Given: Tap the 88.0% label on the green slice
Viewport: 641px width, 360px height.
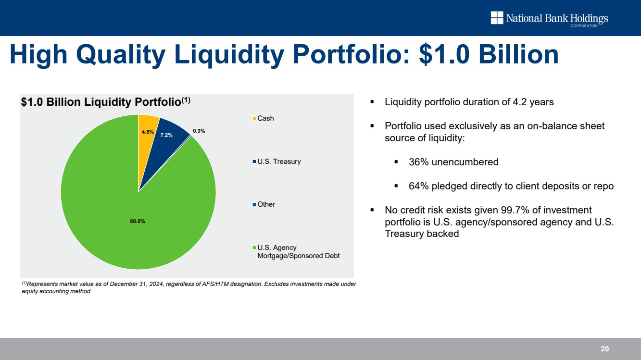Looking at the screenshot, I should point(138,221).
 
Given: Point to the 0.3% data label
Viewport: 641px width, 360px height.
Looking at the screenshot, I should point(199,131).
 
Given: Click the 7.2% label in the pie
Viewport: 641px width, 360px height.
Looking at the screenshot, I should point(166,136).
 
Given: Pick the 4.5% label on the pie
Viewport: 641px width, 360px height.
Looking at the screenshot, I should point(148,131).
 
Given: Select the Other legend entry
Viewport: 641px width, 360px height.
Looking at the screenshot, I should point(266,204).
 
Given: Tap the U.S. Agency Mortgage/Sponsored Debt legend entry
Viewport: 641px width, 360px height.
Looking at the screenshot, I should point(298,251).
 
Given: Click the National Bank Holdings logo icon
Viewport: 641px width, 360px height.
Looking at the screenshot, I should point(497,18).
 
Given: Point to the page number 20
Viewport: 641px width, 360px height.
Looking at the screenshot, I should point(604,349).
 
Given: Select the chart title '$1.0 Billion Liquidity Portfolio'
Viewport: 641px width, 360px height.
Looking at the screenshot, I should point(101,102).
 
